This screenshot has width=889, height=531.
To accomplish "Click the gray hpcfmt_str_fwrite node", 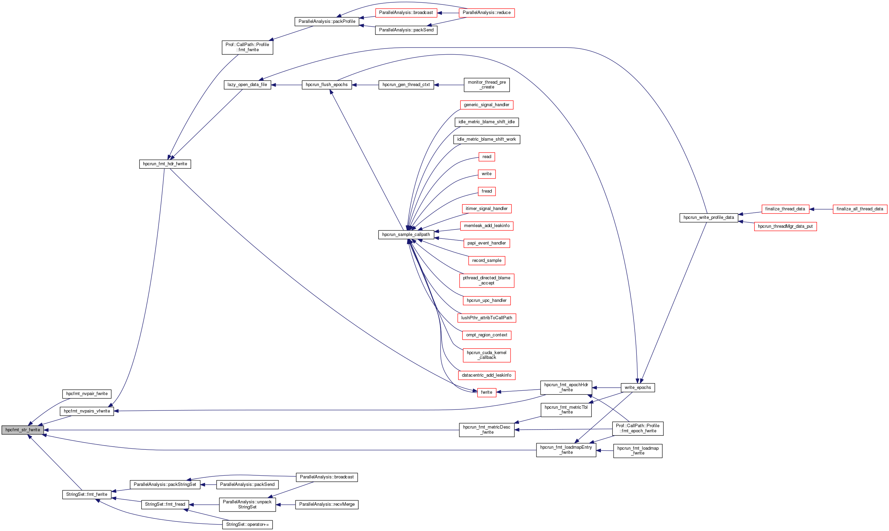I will tap(23, 430).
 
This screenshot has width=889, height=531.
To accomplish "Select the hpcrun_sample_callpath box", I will tap(406, 235).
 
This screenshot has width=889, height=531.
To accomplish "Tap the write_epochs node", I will tap(637, 388).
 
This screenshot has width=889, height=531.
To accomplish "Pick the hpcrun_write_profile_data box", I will tap(708, 218).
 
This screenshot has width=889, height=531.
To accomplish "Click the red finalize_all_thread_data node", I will tap(859, 209).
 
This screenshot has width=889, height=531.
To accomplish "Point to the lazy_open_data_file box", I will tap(247, 85).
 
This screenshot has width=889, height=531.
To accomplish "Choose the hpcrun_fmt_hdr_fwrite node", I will tap(165, 164).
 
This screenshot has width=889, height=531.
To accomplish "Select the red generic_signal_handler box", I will tap(486, 105).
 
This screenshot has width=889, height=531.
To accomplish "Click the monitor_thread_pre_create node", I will tap(486, 85).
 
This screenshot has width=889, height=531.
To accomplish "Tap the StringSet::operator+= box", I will tap(247, 525).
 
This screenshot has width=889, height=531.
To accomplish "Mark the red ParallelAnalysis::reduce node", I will tap(486, 13).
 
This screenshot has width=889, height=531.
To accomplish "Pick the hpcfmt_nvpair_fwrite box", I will tap(87, 394).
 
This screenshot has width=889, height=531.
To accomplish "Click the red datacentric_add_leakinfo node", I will tap(486, 375).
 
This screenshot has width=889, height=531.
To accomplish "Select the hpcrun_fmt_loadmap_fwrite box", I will tap(637, 450).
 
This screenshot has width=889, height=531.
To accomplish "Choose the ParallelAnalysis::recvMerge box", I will tap(327, 504).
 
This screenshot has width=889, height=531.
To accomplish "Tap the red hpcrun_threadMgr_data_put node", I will tap(785, 226).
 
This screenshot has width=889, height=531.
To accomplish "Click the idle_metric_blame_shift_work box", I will tap(486, 139).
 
